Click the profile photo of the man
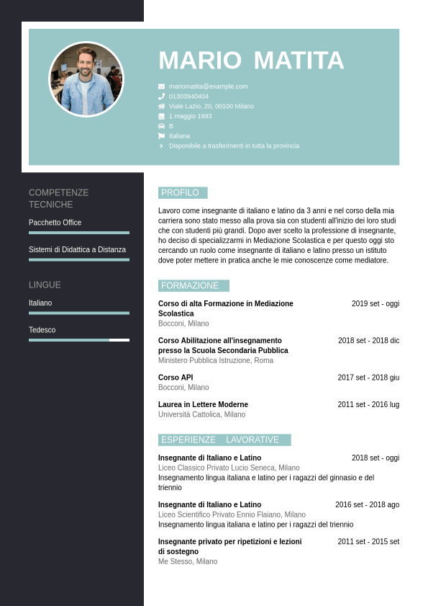(86, 79)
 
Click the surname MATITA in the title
(299, 61)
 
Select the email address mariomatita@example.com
(208, 86)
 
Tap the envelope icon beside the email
(161, 86)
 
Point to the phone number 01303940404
(188, 96)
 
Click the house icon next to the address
(161, 106)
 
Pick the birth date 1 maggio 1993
(190, 116)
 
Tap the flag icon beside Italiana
(161, 135)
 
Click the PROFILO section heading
(181, 192)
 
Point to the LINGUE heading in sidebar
(45, 285)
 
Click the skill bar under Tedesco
(79, 339)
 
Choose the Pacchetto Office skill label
(55, 223)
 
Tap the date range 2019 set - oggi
(375, 303)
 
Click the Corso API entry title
(176, 377)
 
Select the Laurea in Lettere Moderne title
(203, 404)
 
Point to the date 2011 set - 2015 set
(368, 541)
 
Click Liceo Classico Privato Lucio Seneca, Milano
(229, 468)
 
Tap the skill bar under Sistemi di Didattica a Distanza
(79, 259)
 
